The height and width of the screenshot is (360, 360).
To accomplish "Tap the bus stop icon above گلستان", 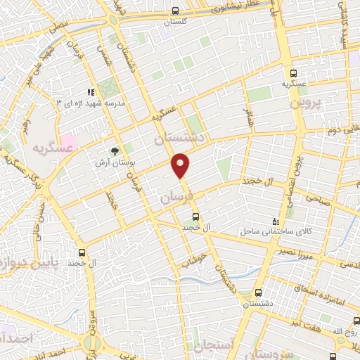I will [x=175, y=11].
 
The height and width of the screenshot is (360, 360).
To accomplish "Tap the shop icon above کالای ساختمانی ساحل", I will [x=275, y=221].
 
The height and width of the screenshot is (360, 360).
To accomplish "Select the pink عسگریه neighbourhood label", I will [x=51, y=148].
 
